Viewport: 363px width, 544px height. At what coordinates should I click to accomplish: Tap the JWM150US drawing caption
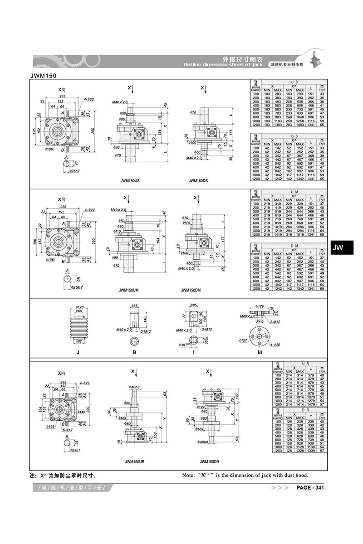[x=130, y=180]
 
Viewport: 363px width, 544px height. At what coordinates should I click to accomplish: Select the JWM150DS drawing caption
[x=198, y=180]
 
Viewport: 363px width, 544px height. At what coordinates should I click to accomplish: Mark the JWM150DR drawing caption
[x=210, y=461]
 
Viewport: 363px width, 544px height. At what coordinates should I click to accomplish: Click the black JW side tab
[x=338, y=248]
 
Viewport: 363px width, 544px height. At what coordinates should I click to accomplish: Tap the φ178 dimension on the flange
[x=260, y=307]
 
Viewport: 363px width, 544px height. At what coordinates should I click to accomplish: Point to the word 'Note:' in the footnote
[x=188, y=475]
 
